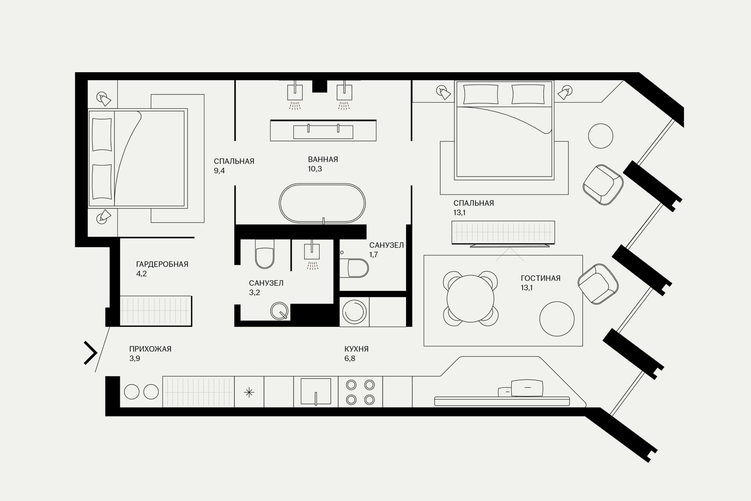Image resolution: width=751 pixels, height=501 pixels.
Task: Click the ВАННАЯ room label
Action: [x=323, y=159]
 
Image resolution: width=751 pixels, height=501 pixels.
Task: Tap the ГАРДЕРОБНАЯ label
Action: [x=162, y=264]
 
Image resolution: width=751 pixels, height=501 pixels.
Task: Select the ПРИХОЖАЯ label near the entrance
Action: [x=150, y=349]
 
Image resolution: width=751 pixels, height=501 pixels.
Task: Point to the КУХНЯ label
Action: [x=356, y=349]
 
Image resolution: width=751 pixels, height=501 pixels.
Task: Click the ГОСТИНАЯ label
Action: [x=541, y=278]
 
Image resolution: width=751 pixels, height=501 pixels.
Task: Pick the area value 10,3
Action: [x=315, y=169]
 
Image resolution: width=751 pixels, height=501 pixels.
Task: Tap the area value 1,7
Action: [x=374, y=254]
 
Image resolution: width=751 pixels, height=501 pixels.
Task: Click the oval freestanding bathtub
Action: [x=322, y=203]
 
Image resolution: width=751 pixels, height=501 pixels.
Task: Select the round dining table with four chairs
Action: [x=470, y=298]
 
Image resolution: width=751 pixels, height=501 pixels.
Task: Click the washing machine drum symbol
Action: [x=354, y=311]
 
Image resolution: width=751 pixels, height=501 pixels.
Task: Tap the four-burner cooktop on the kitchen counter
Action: [x=360, y=392]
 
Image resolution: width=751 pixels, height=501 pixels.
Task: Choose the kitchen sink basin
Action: [x=316, y=392]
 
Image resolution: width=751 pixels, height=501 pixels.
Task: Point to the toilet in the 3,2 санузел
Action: [x=265, y=254]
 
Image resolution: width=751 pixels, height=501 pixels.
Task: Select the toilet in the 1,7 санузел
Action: [x=354, y=268]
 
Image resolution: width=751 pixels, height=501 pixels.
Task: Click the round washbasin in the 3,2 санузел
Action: [x=279, y=311]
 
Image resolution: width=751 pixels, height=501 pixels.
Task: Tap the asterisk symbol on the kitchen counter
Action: [x=249, y=392]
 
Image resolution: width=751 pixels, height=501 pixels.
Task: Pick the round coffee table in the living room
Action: [x=557, y=319]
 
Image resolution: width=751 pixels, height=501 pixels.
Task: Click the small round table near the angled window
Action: [x=601, y=136]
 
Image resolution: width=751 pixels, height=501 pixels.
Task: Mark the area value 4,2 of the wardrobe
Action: [x=141, y=274]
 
